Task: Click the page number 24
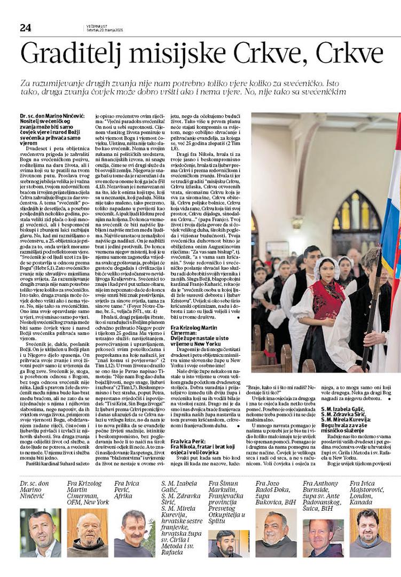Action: [25, 28]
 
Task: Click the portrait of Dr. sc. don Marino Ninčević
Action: [40, 532]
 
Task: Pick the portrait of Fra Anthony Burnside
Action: [323, 538]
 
